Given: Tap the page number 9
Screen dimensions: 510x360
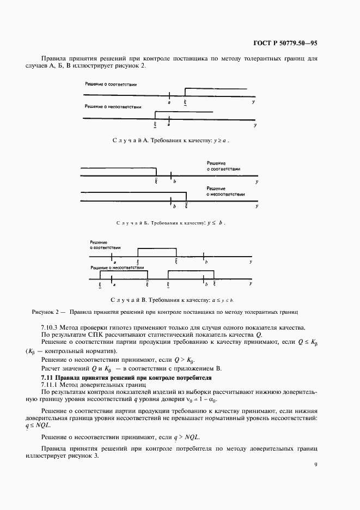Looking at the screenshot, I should click(x=315, y=464).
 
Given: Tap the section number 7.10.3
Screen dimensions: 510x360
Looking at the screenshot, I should click(x=52, y=327).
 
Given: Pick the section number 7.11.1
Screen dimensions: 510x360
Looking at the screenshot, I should click(x=52, y=385).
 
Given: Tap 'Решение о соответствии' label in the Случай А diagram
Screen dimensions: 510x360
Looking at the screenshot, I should click(x=111, y=85).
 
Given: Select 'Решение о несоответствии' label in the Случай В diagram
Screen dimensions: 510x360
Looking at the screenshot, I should click(x=118, y=268).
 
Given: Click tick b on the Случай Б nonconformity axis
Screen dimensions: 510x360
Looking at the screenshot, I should click(x=173, y=202).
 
